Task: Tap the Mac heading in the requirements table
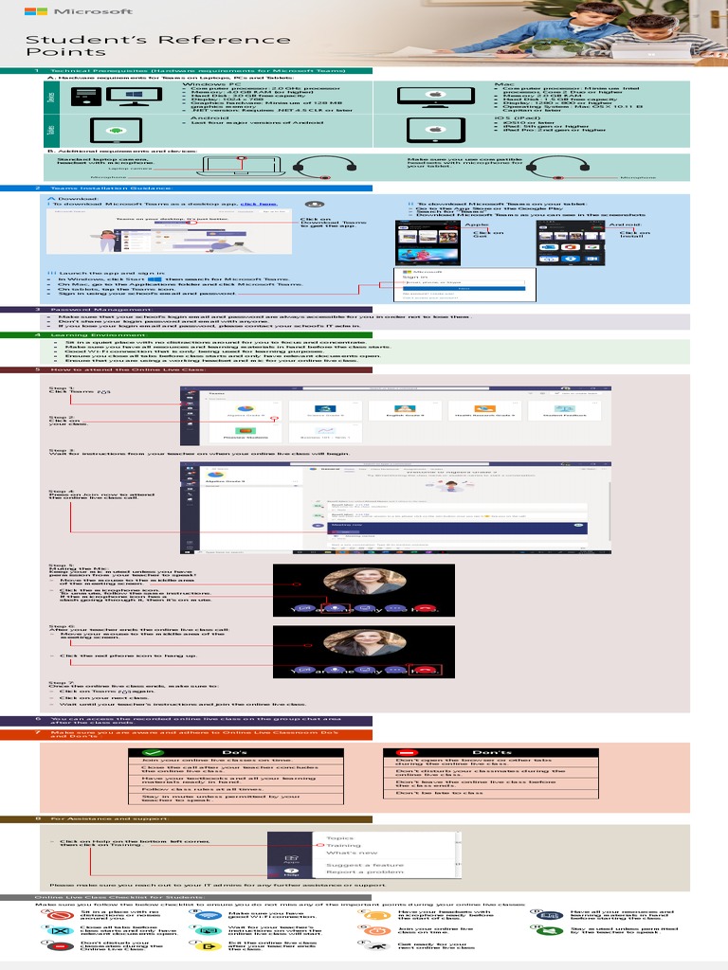pos(504,84)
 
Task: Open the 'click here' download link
pos(259,204)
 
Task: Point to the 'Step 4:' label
pos(61,491)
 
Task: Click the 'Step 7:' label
pos(61,682)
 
